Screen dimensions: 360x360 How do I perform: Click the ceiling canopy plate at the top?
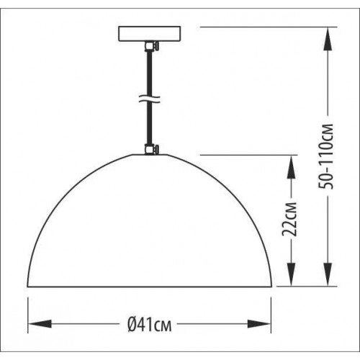(x=150, y=35)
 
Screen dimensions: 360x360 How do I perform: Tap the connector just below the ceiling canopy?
(x=150, y=48)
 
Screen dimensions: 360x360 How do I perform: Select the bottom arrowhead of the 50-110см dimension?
(x=328, y=279)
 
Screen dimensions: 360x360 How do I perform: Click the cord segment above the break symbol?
(x=150, y=72)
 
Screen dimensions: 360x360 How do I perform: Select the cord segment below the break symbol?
(x=150, y=126)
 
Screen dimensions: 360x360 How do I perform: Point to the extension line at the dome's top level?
(x=245, y=154)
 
